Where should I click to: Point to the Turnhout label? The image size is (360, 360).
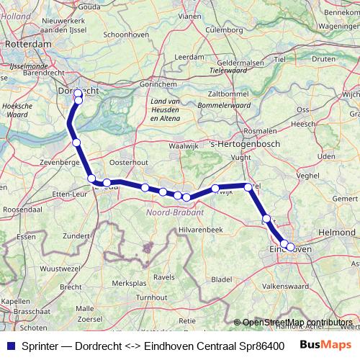tap(152, 297)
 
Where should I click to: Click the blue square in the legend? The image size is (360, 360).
tap(9, 345)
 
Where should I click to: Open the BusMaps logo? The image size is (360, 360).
tap(326, 345)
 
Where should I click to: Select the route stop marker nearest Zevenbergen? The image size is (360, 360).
tap(76, 143)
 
